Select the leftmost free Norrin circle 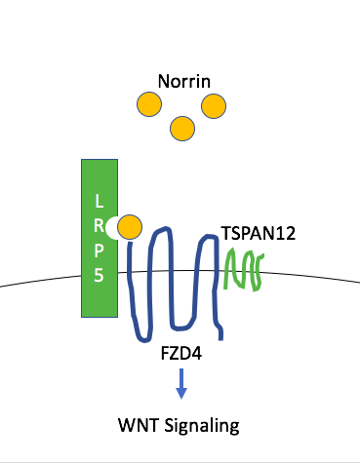click(x=149, y=104)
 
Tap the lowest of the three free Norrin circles click(x=180, y=128)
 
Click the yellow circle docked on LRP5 click(x=130, y=227)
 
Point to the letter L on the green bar click(x=98, y=201)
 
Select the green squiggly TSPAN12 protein click(x=247, y=270)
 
